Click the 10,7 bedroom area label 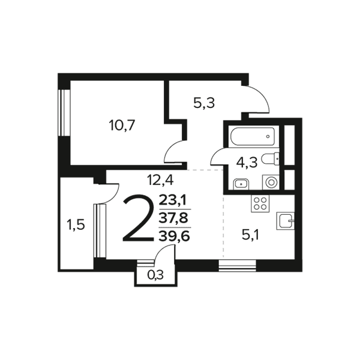(x=122, y=126)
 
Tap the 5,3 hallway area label (x=204, y=103)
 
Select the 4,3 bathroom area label (x=247, y=163)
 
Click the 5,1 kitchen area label (x=250, y=235)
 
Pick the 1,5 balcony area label (x=76, y=225)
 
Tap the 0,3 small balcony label (x=155, y=275)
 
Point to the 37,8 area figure (x=174, y=218)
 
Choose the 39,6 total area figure (x=174, y=236)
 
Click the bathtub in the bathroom (x=253, y=137)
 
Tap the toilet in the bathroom (x=271, y=159)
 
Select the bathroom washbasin (x=241, y=184)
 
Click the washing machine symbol (x=271, y=182)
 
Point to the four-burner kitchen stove (x=260, y=203)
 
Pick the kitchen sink (x=286, y=221)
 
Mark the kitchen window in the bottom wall (x=238, y=266)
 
